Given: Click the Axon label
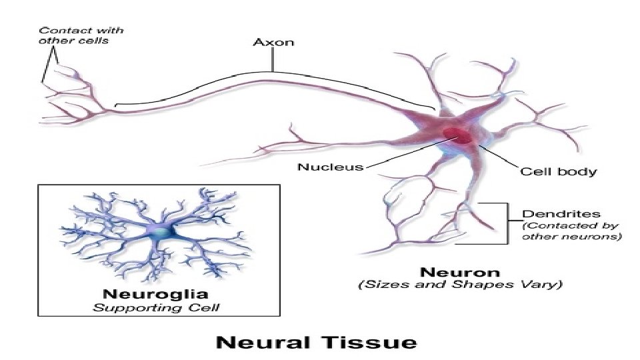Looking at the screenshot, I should [272, 43].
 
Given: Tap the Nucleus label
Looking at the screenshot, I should [330, 167].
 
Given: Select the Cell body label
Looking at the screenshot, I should [558, 171].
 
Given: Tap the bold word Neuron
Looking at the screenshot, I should [460, 272].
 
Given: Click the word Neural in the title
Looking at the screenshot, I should [261, 343].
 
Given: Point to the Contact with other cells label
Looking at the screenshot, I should [80, 35].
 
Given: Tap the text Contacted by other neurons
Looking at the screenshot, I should [571, 231].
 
